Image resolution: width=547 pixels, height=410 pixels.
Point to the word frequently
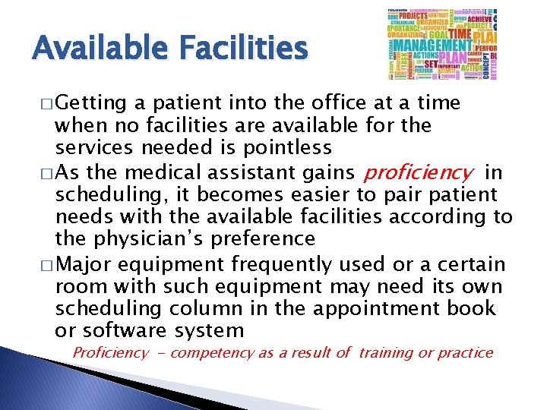(280, 265)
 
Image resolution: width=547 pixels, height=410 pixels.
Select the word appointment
(390, 309)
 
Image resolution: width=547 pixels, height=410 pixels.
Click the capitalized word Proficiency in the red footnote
(111, 353)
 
